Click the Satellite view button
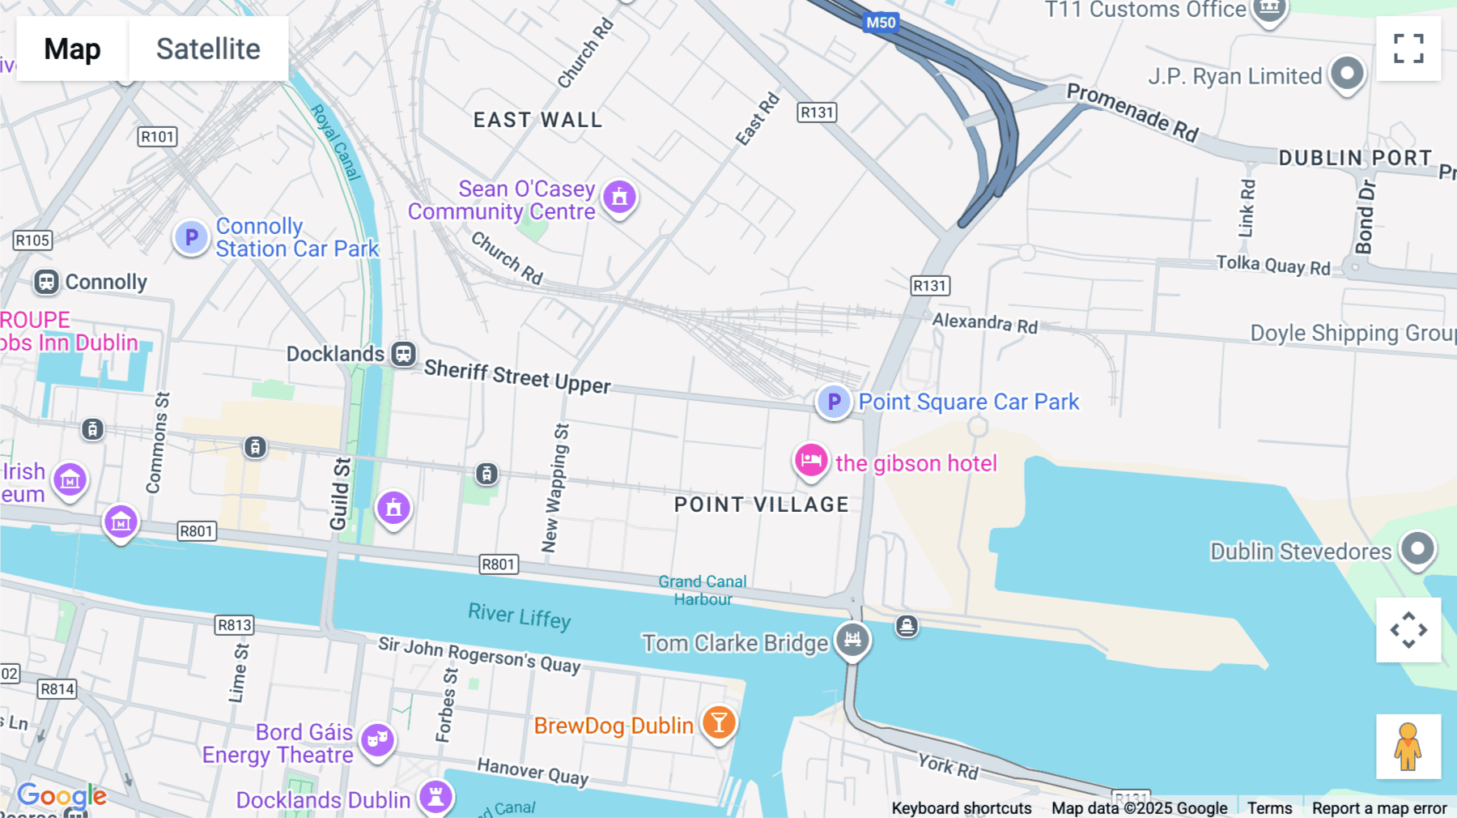click(208, 49)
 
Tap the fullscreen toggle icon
click(1408, 49)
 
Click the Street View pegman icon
click(1408, 746)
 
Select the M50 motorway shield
click(881, 23)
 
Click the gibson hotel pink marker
click(810, 461)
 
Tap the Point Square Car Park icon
click(834, 402)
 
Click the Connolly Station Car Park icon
click(192, 237)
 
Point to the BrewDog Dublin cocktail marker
click(718, 722)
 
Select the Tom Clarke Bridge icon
click(852, 640)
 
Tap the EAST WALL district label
click(537, 120)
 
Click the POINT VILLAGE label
click(761, 505)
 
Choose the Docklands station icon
click(403, 354)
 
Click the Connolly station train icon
click(46, 282)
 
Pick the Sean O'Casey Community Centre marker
click(619, 196)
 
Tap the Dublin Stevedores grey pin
click(1417, 549)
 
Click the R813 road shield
click(235, 624)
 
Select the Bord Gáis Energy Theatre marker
click(377, 739)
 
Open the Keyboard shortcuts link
click(961, 807)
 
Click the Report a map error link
click(1378, 807)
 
